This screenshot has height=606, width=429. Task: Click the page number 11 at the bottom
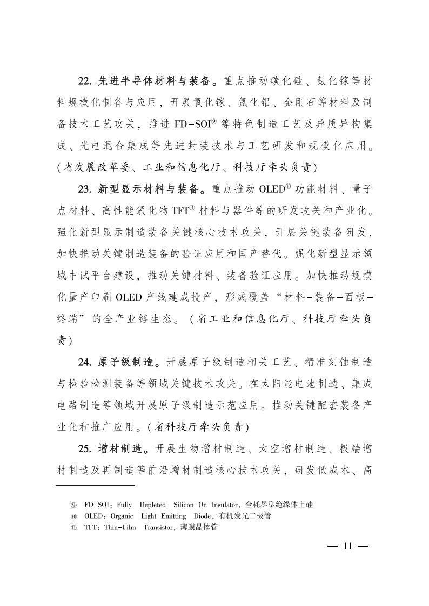347,546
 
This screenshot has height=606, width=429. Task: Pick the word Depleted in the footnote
152,505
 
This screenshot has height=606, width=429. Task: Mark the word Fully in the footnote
124,505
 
